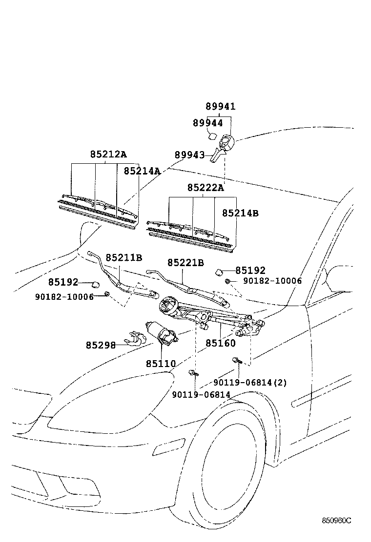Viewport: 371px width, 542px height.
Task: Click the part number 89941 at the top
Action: pos(220,107)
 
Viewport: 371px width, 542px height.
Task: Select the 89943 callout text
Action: pos(189,155)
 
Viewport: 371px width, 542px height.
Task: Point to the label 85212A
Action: pos(108,155)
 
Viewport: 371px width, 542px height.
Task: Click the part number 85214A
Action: pos(142,171)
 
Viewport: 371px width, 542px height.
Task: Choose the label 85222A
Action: pos(206,188)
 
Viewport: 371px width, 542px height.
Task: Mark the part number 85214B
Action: pos(240,213)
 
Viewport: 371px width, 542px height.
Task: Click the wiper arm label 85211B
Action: pos(124,258)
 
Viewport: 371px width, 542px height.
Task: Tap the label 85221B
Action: pos(185,263)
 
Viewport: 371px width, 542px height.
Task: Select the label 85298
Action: pos(101,345)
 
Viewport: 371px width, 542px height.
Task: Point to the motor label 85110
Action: pos(161,364)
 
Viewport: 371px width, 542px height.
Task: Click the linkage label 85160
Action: pos(220,343)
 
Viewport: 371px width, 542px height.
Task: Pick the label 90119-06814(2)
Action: pos(250,383)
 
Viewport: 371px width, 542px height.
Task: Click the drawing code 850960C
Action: pos(336,521)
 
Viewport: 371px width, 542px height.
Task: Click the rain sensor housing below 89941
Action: pos(227,143)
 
